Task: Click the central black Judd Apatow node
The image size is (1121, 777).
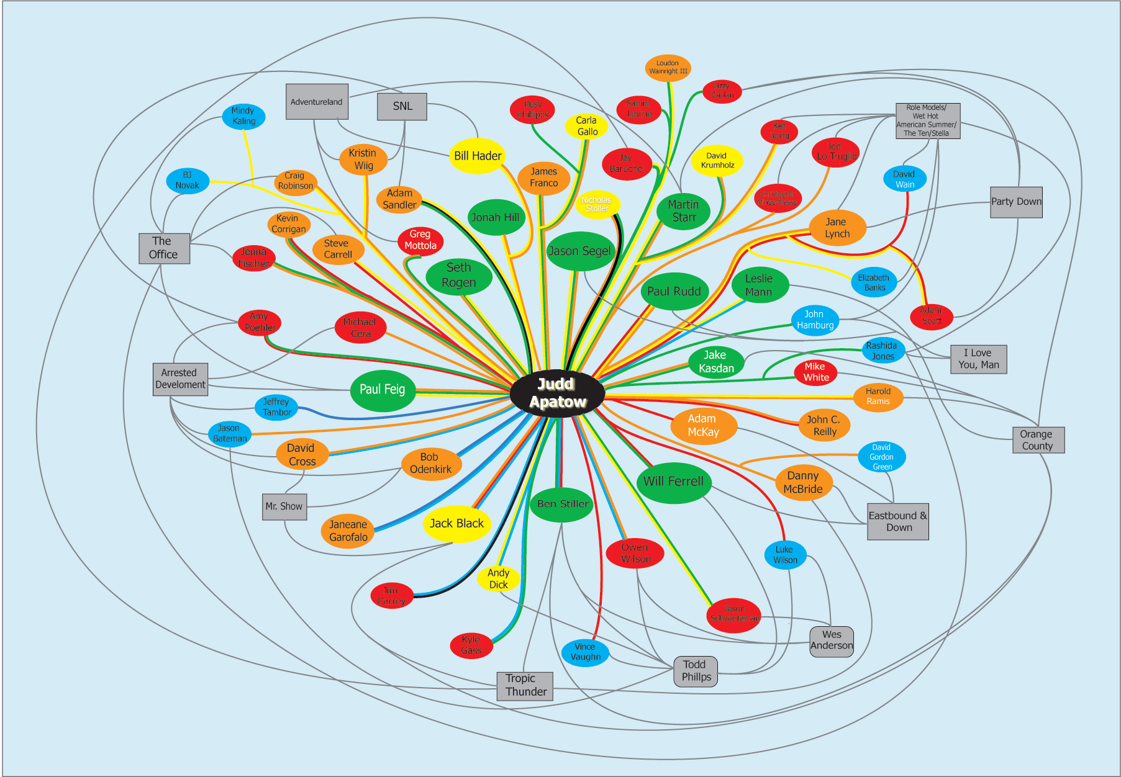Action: tap(557, 393)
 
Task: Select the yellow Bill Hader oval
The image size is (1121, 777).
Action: tap(477, 156)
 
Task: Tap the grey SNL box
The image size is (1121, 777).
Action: tap(402, 106)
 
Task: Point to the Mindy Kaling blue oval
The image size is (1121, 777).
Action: tap(243, 116)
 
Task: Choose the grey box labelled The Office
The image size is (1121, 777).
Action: tap(164, 248)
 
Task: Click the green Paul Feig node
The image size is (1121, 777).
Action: tap(382, 390)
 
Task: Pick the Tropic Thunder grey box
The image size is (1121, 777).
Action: tap(525, 685)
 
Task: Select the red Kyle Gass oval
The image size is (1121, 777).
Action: tap(471, 645)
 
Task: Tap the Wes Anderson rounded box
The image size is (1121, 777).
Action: tap(831, 640)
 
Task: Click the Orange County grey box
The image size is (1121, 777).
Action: tap(1038, 440)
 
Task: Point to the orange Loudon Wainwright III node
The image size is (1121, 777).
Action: tap(668, 68)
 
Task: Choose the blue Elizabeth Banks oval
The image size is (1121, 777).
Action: tap(874, 282)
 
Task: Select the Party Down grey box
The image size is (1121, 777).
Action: tap(1016, 202)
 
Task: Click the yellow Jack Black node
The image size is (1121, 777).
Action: tap(456, 524)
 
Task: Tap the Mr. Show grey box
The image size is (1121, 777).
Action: tap(284, 506)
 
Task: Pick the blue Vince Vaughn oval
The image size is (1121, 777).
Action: tap(585, 652)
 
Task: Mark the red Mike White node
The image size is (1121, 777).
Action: tap(815, 372)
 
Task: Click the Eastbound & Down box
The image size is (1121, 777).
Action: tap(898, 521)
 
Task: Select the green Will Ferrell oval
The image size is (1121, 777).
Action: tap(673, 482)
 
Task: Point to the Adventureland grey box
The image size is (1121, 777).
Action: tap(317, 102)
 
